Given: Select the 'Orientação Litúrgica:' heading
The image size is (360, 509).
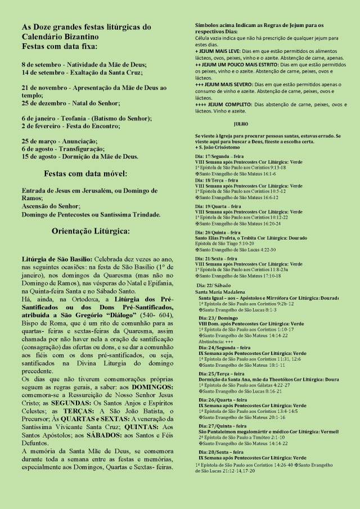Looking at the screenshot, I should pyautogui.click(x=91, y=231).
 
